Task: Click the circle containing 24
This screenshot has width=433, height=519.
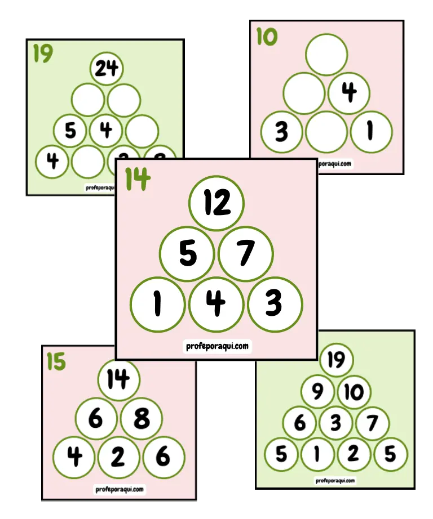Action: (x=106, y=69)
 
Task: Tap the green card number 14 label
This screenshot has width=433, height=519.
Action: (x=138, y=178)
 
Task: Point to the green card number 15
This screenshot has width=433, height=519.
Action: (x=56, y=362)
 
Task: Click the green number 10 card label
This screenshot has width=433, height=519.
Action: (x=267, y=37)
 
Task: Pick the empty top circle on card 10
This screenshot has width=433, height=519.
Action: (x=327, y=54)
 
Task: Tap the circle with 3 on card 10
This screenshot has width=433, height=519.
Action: (x=281, y=132)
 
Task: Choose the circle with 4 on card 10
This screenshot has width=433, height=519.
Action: (x=349, y=93)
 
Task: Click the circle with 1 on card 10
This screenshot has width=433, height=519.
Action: (x=371, y=132)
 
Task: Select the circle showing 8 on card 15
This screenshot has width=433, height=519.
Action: (x=141, y=418)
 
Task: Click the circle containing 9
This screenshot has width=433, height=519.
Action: (x=318, y=392)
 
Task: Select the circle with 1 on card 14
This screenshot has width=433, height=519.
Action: (x=157, y=305)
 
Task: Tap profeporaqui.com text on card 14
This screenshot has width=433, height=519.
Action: (x=216, y=346)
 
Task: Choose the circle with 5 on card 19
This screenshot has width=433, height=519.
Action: (x=70, y=131)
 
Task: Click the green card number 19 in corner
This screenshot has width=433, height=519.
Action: (x=43, y=54)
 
